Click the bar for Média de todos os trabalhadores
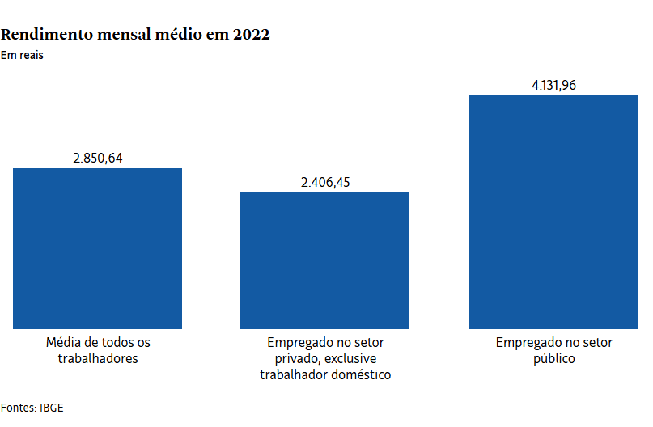pos(97,248)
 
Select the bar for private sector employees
pos(324,260)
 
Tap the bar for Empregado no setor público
pos(553,212)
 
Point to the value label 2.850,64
pos(98,158)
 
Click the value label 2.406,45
pos(325,182)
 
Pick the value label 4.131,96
pos(553,85)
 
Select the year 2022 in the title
pos(251,35)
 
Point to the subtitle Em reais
pos(22,56)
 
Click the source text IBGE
pos(51,408)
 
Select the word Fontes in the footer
pos(18,408)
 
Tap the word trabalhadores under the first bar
pos(98,358)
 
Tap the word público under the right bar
pos(553,358)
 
